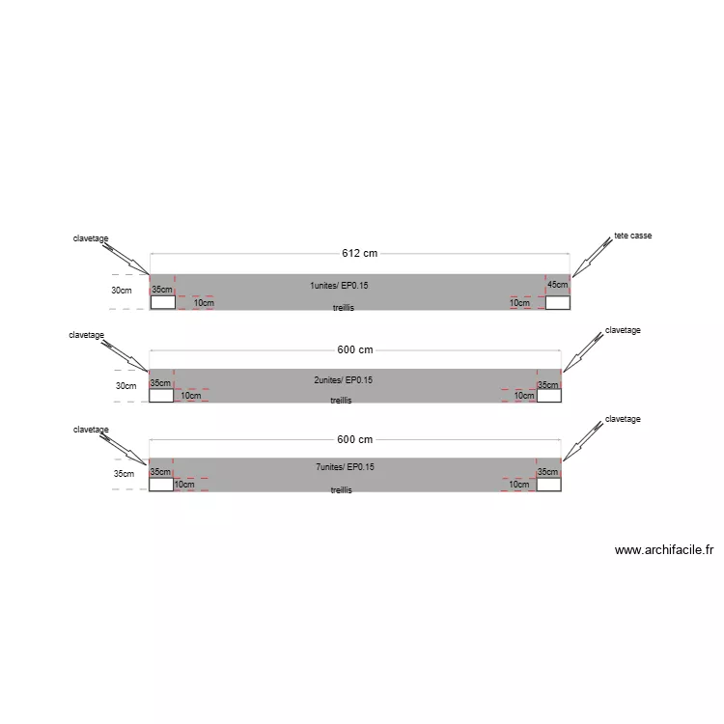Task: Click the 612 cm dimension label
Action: (359, 254)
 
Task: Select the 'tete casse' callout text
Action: (633, 236)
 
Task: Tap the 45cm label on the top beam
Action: (558, 285)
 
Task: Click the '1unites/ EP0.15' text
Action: (339, 286)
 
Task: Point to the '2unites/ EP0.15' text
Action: (343, 380)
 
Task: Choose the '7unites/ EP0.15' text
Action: (345, 467)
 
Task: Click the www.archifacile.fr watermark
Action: (664, 550)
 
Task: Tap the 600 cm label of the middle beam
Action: (355, 350)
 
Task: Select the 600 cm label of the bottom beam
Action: (355, 439)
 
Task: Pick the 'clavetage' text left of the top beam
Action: (91, 238)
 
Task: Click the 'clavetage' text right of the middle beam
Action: (623, 330)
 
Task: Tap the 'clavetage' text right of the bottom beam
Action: (623, 419)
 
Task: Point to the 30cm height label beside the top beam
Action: (121, 290)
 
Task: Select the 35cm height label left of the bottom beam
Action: (123, 474)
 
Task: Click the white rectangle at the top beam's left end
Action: (162, 302)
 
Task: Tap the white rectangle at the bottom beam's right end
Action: (548, 485)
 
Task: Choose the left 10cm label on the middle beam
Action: (190, 396)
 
